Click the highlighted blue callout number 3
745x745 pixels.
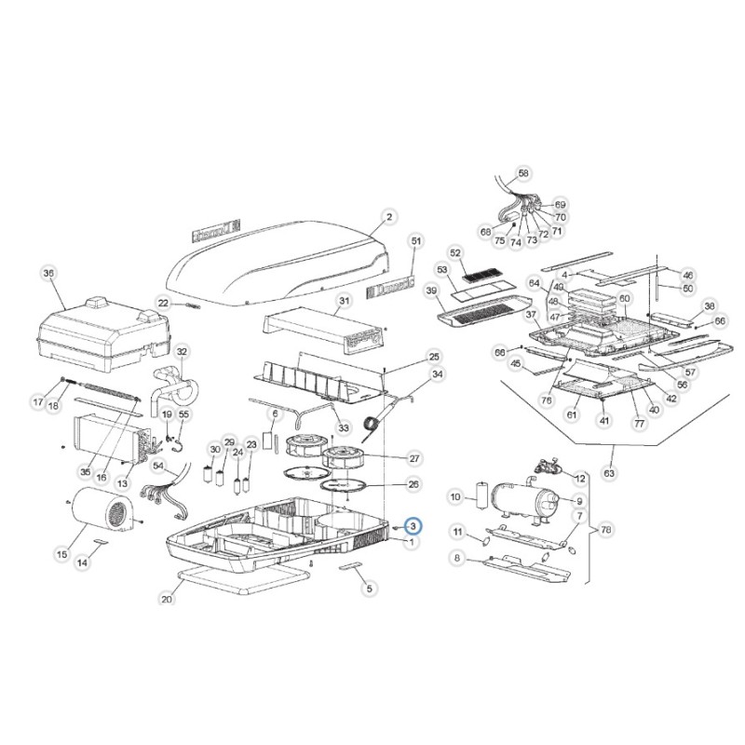(x=413, y=526)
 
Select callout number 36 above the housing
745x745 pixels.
(x=48, y=273)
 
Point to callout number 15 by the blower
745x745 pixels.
(x=61, y=555)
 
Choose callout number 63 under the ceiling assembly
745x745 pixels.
(x=610, y=474)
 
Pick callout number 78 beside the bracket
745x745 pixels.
(x=606, y=529)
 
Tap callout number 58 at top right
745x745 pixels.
(x=522, y=173)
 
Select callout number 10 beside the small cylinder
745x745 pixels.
(x=456, y=497)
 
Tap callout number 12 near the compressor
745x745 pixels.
(x=580, y=478)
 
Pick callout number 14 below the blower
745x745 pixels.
(x=82, y=562)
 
